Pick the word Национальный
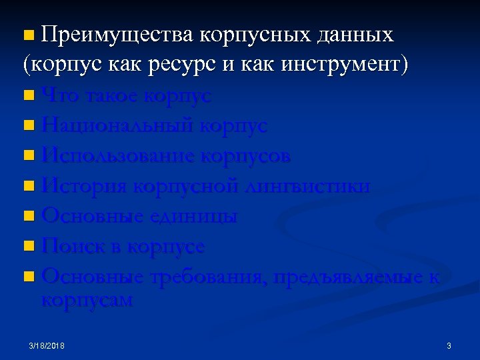click(117, 126)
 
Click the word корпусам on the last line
click(87, 300)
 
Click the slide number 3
click(449, 346)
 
